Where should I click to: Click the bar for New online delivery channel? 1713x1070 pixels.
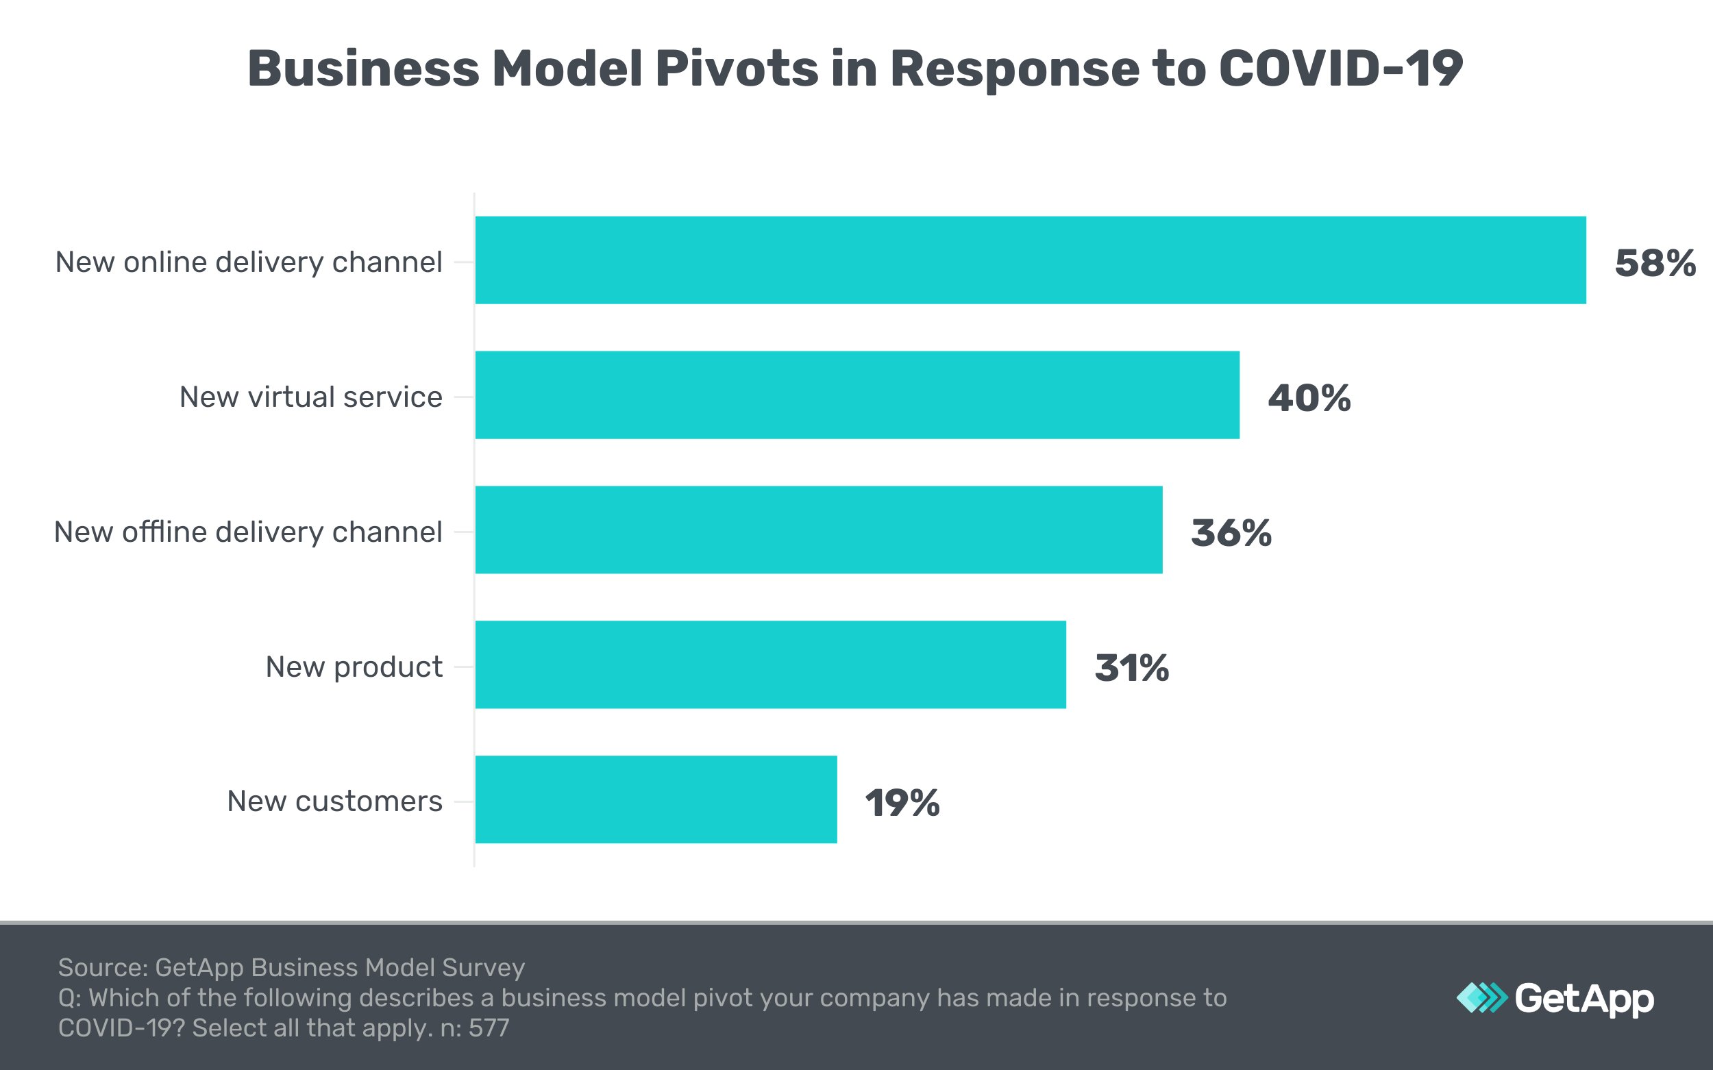[x=1030, y=260]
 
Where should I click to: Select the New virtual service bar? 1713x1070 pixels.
[x=856, y=395]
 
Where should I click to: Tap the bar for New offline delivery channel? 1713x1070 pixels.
[x=818, y=530]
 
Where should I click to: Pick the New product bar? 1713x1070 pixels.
[x=770, y=664]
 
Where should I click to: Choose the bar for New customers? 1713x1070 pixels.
[x=656, y=799]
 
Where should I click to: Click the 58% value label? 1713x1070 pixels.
[x=1655, y=263]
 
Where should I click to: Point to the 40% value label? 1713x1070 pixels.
[x=1309, y=398]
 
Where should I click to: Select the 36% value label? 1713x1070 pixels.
[x=1231, y=533]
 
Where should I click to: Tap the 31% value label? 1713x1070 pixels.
[x=1131, y=668]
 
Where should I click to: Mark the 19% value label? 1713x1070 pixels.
[x=902, y=803]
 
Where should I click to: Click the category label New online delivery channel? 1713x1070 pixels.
[x=249, y=262]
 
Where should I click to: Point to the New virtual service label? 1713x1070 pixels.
[x=311, y=397]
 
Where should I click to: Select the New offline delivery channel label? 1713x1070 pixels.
[x=248, y=532]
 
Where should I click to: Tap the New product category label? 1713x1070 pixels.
[x=354, y=667]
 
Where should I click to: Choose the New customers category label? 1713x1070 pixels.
[x=334, y=801]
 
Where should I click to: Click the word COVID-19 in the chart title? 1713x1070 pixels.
[x=1340, y=69]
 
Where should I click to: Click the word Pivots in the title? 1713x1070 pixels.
[x=736, y=69]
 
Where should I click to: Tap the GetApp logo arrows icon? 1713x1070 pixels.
[x=1481, y=998]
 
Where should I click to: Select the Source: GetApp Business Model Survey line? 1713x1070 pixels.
[x=291, y=967]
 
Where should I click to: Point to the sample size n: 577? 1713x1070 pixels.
[x=474, y=1028]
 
